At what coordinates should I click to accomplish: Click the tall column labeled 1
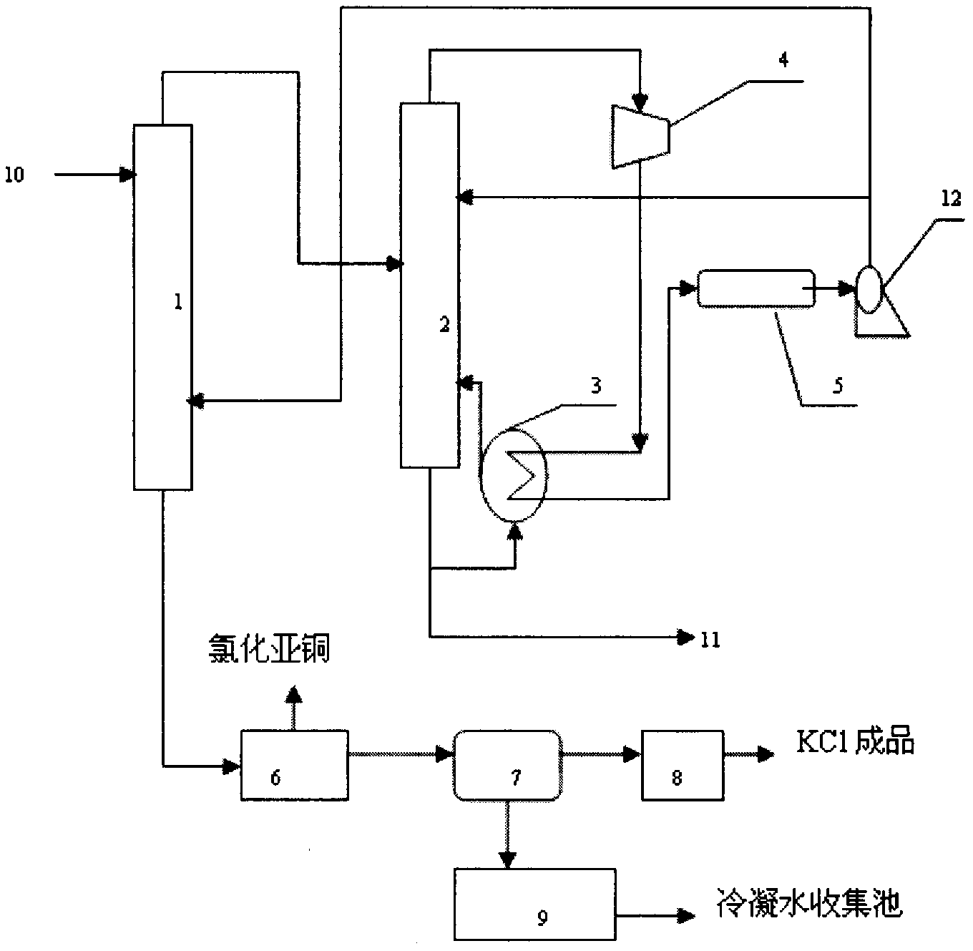[x=163, y=307]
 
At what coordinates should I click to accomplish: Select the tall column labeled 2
[x=429, y=285]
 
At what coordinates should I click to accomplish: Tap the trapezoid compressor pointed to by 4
[x=640, y=136]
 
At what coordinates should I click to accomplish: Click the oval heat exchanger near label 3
[x=513, y=474]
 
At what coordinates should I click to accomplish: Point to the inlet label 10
[x=14, y=175]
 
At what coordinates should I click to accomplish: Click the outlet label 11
[x=710, y=640]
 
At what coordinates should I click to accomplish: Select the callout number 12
[x=951, y=199]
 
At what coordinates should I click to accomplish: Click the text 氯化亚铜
[x=269, y=650]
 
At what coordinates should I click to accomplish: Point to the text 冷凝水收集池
[x=810, y=902]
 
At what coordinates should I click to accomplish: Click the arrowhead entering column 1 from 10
[x=128, y=175]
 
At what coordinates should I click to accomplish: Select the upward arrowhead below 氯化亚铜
[x=294, y=696]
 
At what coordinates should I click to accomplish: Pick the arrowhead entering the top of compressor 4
[x=640, y=102]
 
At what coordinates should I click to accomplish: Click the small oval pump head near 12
[x=870, y=289]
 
